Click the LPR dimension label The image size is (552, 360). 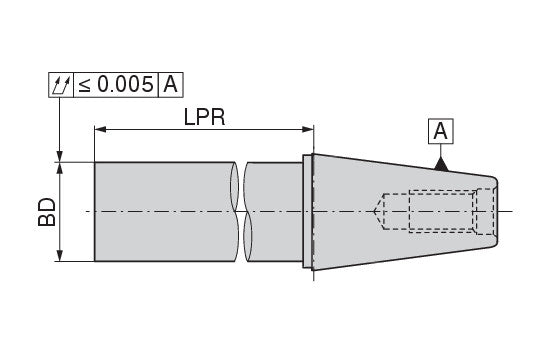coord(204,117)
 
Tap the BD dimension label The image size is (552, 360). coord(47,212)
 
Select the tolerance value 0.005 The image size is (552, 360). coord(125,84)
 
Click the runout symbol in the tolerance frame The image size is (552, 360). coord(61,85)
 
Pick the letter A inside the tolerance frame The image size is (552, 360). coord(171,84)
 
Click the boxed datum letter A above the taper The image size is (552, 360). coord(441,131)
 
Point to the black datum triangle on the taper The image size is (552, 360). coord(441,164)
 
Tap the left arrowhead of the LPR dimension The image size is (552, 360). coord(100,130)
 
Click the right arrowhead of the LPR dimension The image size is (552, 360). coord(308,130)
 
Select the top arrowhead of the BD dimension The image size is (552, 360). coord(60,168)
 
